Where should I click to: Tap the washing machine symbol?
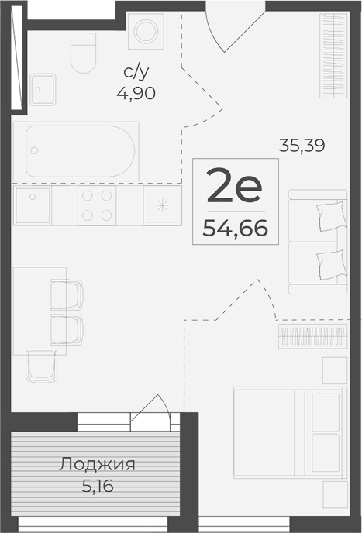click(143, 32)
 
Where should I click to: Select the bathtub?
click(81, 150)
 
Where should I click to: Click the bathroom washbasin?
click(42, 89)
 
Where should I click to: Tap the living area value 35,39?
click(302, 143)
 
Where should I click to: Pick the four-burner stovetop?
click(97, 205)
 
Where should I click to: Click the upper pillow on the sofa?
click(330, 214)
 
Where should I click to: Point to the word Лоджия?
click(98, 465)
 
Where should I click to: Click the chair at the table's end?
click(41, 365)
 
